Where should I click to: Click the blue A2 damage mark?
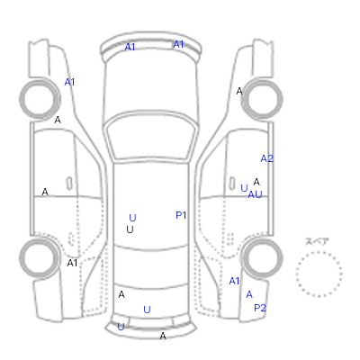[x=266, y=158]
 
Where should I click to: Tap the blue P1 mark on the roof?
[x=181, y=215]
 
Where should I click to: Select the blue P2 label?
[x=260, y=308]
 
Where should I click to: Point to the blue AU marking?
[x=255, y=194]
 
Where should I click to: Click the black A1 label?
[x=72, y=263]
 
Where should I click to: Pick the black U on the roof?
[x=130, y=229]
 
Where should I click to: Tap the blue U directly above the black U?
[x=132, y=218]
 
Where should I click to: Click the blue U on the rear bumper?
[x=121, y=327]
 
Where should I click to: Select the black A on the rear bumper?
[x=163, y=336]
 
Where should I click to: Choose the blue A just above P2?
[x=249, y=294]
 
